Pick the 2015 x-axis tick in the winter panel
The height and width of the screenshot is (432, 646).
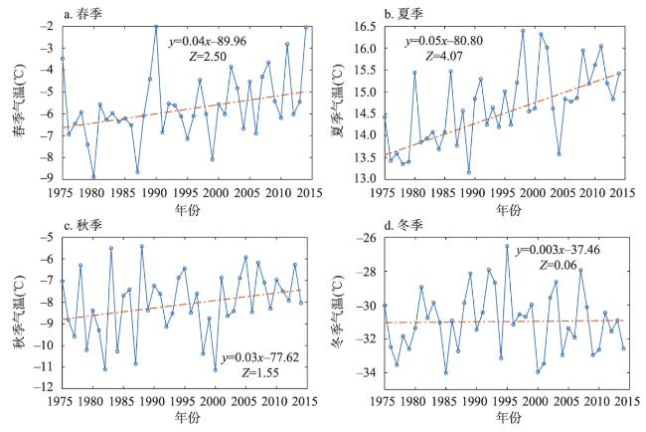622,402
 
